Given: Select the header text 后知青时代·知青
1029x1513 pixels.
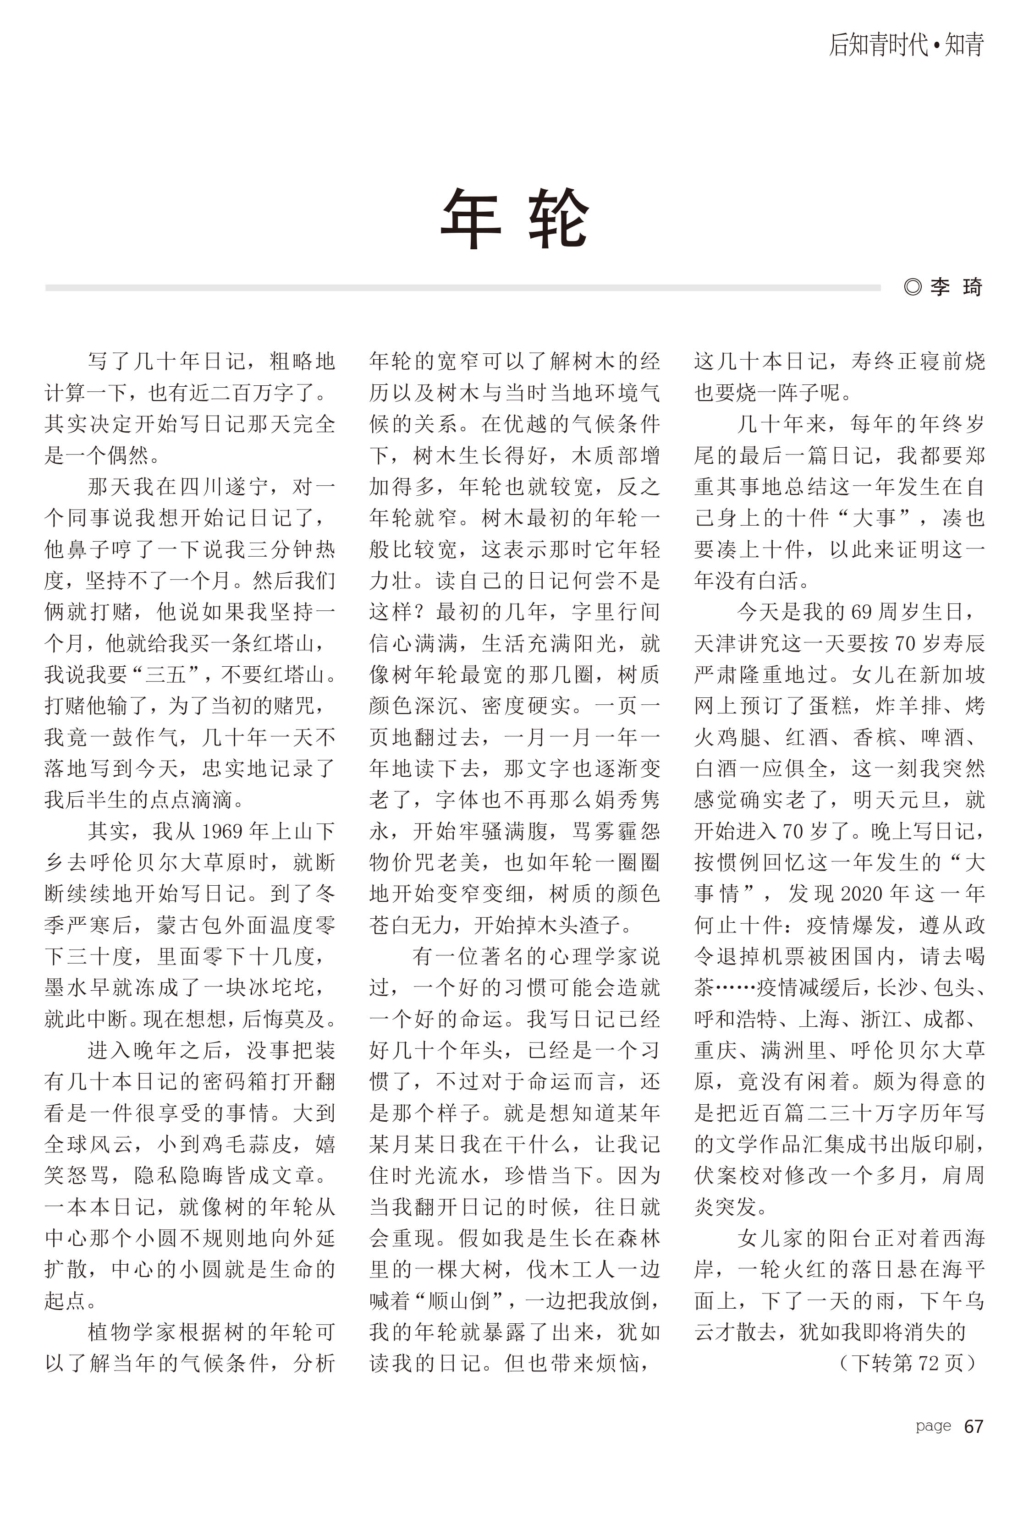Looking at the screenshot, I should coord(905,45).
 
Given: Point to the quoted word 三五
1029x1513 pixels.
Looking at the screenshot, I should coord(165,674).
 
